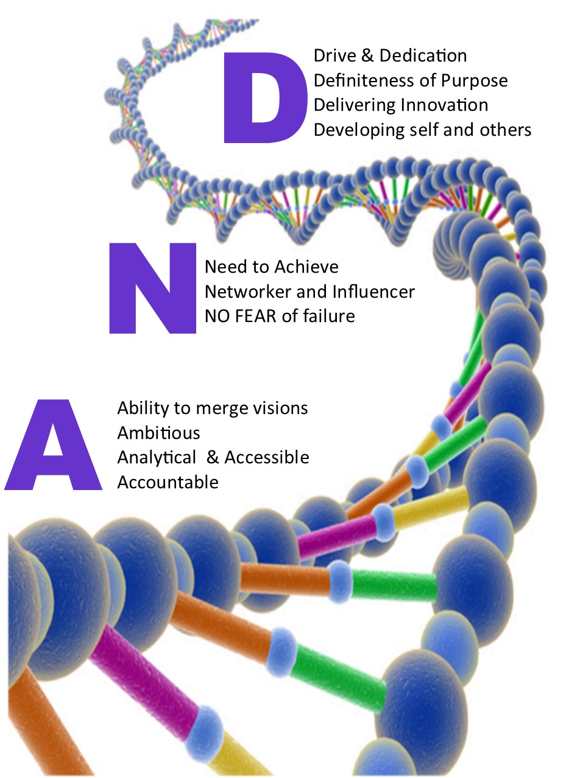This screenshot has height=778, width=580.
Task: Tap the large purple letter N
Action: tap(152, 288)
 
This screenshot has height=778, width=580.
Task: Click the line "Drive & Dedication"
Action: tap(390, 56)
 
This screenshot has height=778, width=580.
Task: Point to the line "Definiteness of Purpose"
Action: tap(410, 80)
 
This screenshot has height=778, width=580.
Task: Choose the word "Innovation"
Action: tap(444, 105)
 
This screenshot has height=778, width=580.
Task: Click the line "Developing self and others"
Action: tap(422, 130)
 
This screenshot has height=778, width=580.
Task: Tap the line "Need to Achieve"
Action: tap(271, 267)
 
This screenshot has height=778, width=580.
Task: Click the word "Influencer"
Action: tap(373, 292)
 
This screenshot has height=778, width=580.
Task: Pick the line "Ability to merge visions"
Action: tap(213, 408)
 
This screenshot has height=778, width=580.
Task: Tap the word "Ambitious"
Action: tap(158, 433)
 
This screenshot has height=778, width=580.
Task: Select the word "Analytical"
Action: tap(157, 458)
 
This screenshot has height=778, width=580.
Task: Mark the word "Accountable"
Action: tap(168, 482)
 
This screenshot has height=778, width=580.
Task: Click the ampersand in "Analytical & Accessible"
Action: tap(213, 458)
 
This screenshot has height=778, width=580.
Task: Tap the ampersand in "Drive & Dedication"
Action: tap(366, 56)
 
